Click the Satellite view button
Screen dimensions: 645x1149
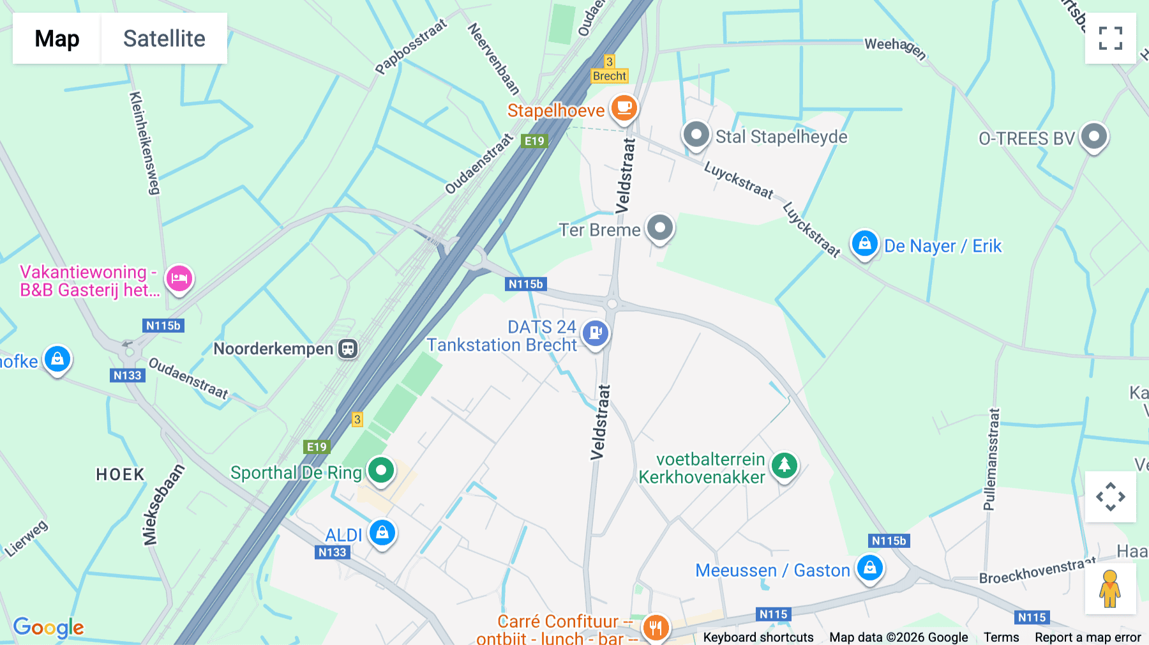[164, 38]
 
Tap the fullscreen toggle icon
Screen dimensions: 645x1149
[1110, 38]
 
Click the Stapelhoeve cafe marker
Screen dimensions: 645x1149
[624, 108]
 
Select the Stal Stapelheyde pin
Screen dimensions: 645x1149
[696, 135]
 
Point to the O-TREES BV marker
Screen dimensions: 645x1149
[1093, 137]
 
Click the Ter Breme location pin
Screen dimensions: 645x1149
[659, 228]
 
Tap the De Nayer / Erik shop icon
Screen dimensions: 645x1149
[864, 244]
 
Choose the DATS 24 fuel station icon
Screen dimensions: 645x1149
[595, 333]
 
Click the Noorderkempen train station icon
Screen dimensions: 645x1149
[348, 349]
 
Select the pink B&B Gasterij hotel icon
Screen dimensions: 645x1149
[179, 278]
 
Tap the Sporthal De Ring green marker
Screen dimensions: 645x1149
[381, 471]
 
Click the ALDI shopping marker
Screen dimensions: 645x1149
[382, 532]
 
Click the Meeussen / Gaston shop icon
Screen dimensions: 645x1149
[869, 568]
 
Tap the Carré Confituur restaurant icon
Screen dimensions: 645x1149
[655, 628]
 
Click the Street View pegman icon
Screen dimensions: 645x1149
[1110, 589]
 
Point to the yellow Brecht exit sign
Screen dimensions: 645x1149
[610, 76]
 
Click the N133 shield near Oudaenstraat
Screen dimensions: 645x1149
[127, 376]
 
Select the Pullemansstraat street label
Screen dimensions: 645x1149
[990, 459]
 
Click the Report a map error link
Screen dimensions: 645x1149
[1088, 637]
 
